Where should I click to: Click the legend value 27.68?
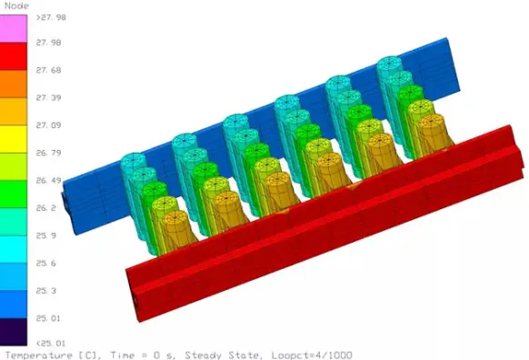47,70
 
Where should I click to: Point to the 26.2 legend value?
47,207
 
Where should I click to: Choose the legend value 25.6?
47,262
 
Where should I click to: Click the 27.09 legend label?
47,125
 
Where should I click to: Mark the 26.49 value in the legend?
47,180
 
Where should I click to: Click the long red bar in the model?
327,227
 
